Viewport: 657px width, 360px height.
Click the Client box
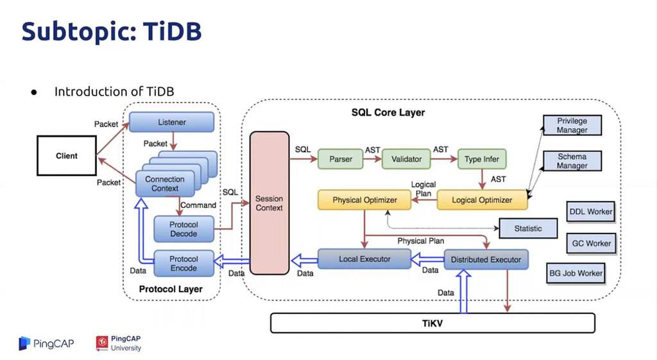click(x=67, y=155)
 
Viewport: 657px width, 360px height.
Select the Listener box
click(x=171, y=122)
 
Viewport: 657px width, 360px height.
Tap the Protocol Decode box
click(x=183, y=229)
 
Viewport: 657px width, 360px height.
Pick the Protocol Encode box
click(x=183, y=264)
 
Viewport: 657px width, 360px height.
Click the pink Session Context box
click(x=269, y=203)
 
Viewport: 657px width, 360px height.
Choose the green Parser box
click(x=341, y=159)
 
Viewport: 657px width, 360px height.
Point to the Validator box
click(x=407, y=159)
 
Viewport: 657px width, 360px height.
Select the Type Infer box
click(x=482, y=159)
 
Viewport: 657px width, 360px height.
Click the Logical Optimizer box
click(x=482, y=200)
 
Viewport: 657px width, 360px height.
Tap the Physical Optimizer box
click(x=364, y=200)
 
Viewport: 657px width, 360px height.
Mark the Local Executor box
click(x=364, y=259)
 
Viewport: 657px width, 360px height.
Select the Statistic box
click(x=528, y=228)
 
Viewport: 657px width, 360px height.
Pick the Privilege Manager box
click(x=572, y=125)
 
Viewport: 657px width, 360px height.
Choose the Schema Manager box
click(x=572, y=161)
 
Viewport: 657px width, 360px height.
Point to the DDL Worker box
click(x=590, y=211)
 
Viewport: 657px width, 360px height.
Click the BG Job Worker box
click(x=576, y=273)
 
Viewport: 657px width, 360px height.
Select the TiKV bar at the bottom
click(x=432, y=323)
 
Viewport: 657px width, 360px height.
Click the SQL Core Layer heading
click(x=388, y=112)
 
